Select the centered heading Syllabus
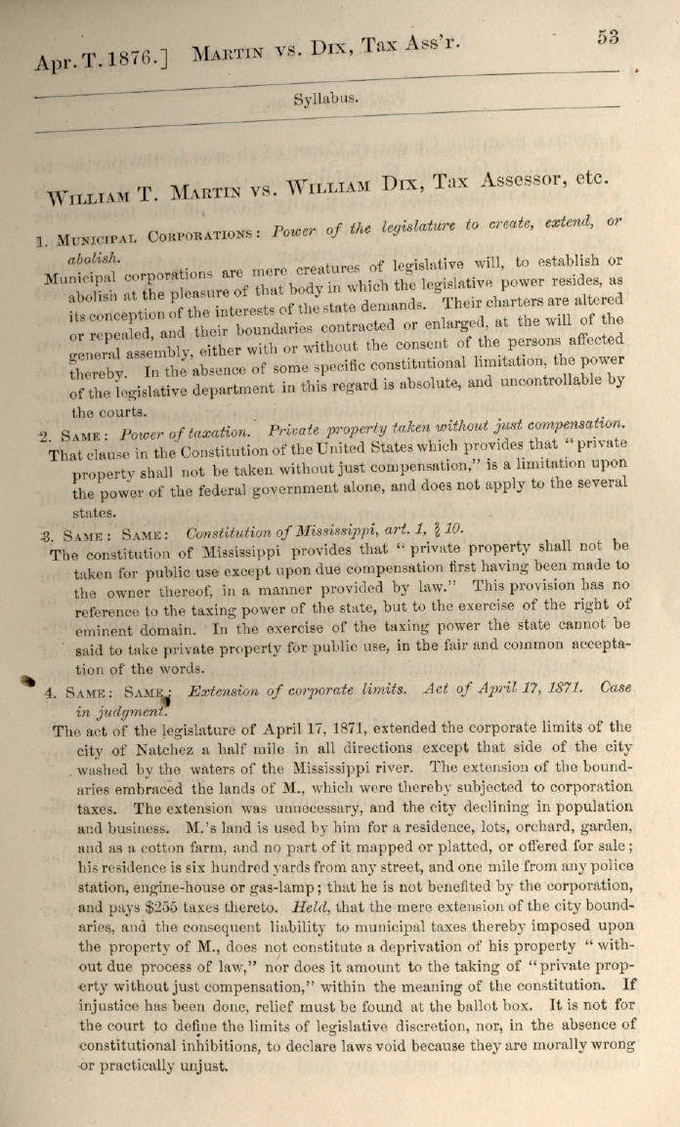[325, 99]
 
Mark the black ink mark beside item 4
[27, 684]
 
